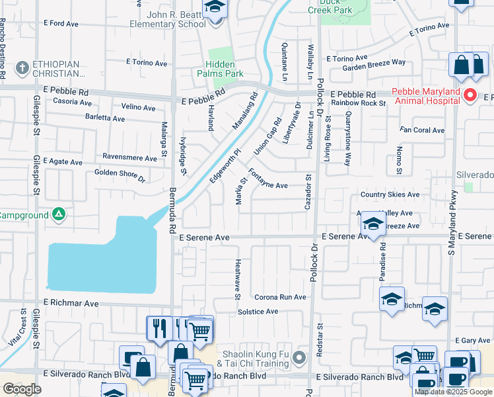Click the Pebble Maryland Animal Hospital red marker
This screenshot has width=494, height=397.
[x=470, y=95]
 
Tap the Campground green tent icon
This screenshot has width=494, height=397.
[x=59, y=215]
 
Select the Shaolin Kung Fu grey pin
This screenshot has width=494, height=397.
[x=299, y=359]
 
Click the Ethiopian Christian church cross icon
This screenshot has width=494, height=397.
[x=22, y=67]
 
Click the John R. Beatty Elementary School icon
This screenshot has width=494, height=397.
[x=214, y=8]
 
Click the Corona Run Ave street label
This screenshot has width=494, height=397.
[x=280, y=297]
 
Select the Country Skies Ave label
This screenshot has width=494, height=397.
[x=390, y=195]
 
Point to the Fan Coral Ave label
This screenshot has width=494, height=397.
[x=422, y=130]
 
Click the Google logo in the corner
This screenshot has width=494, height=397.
[x=22, y=388]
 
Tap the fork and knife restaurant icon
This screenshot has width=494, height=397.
[x=159, y=328]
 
